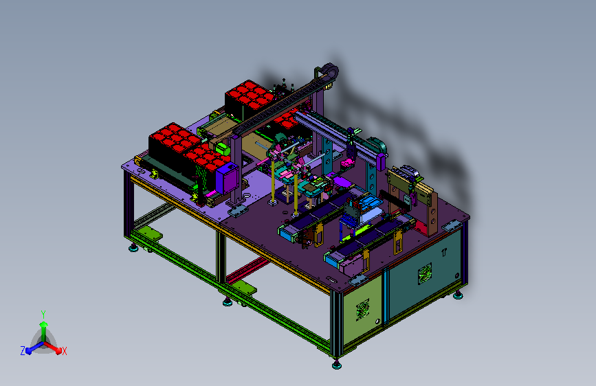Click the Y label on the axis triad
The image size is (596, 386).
43,315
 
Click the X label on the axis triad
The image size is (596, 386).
64,351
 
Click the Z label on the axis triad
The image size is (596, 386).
23,351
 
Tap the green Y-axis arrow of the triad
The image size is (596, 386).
44,331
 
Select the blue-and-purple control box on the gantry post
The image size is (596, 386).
228,178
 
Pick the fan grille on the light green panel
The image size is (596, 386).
362,309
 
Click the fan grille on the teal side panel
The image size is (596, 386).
425,273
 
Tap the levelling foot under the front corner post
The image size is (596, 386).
336,365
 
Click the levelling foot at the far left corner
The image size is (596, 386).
133,248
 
